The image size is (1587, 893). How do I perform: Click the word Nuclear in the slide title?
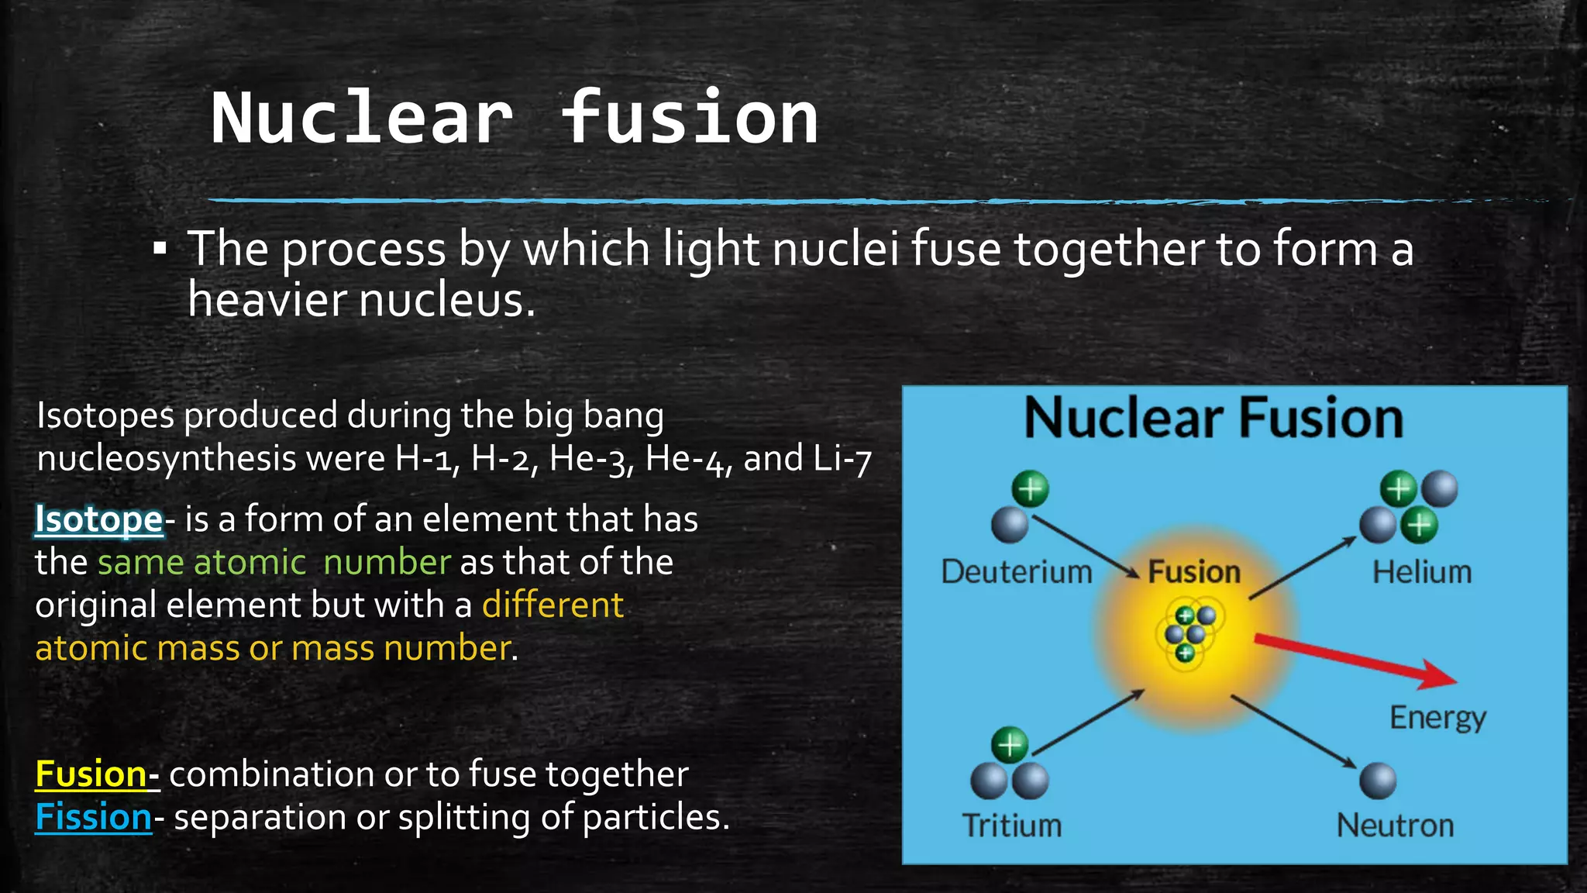pyautogui.click(x=362, y=119)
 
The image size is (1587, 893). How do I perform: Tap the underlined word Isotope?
pyautogui.click(x=98, y=519)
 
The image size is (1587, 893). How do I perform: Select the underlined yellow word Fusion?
pyautogui.click(x=91, y=774)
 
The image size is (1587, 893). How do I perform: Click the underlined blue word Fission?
pyautogui.click(x=94, y=817)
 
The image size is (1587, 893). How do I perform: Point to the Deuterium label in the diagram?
pyautogui.click(x=1016, y=572)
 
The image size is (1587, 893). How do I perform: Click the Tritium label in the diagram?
pyautogui.click(x=1011, y=826)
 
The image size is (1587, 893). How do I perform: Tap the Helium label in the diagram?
pyautogui.click(x=1421, y=572)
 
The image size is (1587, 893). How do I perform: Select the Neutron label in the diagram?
pyautogui.click(x=1395, y=826)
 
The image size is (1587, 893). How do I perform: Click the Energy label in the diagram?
pyautogui.click(x=1437, y=718)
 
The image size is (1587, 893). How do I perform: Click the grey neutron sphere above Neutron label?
pyautogui.click(x=1378, y=780)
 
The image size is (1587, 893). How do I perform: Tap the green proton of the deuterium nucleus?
pyautogui.click(x=1030, y=489)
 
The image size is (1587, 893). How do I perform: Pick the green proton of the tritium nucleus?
pyautogui.click(x=1010, y=745)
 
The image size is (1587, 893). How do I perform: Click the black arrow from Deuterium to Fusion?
pyautogui.click(x=1085, y=547)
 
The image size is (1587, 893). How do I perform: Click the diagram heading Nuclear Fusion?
pyautogui.click(x=1213, y=419)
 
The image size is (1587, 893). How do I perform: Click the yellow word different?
pyautogui.click(x=553, y=605)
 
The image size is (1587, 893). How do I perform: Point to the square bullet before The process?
pyautogui.click(x=160, y=249)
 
